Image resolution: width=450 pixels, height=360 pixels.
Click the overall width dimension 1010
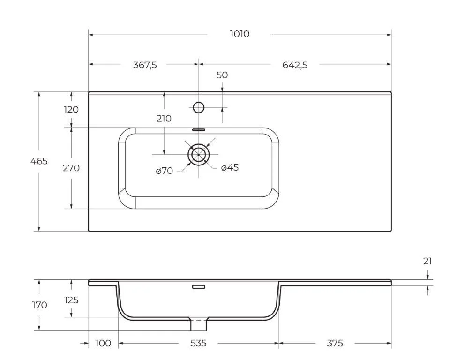click(x=240, y=34)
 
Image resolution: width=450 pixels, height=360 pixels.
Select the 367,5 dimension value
click(x=145, y=65)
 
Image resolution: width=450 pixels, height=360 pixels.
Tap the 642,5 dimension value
click(x=295, y=65)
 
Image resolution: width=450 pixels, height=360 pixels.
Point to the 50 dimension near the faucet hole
click(x=222, y=75)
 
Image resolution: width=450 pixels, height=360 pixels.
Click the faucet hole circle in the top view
click(x=199, y=107)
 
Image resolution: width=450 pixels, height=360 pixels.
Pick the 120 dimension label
click(x=71, y=110)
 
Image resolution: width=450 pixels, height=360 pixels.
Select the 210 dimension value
click(x=164, y=119)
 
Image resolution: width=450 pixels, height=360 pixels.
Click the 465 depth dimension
click(x=39, y=161)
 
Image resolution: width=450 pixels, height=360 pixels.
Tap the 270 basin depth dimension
click(x=71, y=168)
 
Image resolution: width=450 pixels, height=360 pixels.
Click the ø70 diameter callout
click(x=165, y=171)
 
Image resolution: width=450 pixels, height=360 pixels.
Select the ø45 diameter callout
click(x=230, y=167)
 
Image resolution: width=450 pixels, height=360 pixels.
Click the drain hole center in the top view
click(x=199, y=154)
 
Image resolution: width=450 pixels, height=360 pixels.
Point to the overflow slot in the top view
click(x=199, y=129)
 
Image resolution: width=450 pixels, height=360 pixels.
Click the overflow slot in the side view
click(x=199, y=286)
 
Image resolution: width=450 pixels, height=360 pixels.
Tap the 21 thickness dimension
click(x=427, y=262)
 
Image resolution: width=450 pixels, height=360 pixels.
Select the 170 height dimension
click(x=39, y=305)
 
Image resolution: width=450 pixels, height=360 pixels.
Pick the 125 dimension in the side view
click(x=71, y=300)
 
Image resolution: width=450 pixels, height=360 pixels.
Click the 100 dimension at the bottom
click(x=103, y=344)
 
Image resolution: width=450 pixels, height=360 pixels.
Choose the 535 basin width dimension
click(x=198, y=344)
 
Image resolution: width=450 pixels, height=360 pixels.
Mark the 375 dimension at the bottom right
click(x=335, y=344)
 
